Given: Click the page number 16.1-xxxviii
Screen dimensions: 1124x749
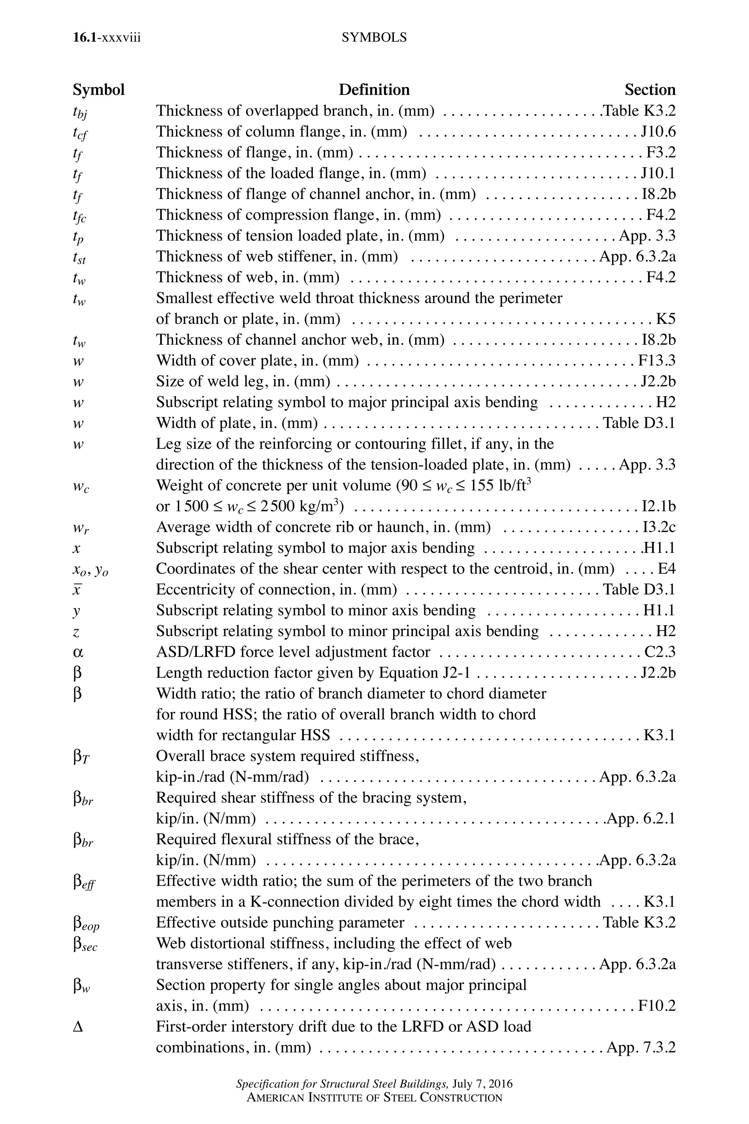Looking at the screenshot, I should (106, 37).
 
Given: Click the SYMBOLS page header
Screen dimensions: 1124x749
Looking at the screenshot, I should (374, 37).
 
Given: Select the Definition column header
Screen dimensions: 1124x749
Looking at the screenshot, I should (374, 90).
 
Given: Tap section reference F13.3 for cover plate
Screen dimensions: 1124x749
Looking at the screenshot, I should (657, 360).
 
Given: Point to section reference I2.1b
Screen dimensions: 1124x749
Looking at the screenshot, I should (658, 506).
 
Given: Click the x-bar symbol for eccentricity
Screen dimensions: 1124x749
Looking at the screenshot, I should (76, 590).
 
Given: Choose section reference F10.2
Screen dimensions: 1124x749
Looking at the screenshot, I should (657, 1006).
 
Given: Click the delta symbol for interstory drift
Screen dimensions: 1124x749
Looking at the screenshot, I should (78, 1027).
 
